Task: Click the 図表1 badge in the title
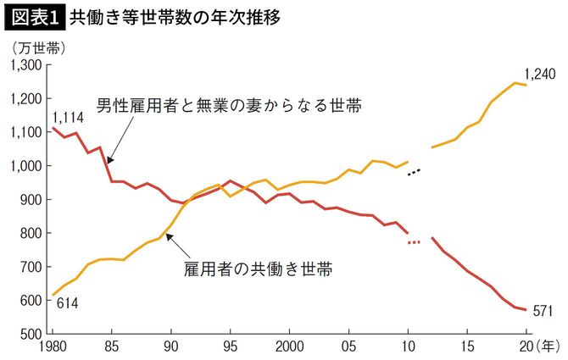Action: pyautogui.click(x=33, y=15)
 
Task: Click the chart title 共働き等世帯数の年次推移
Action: pyautogui.click(x=174, y=15)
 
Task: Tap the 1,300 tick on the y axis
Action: pyautogui.click(x=26, y=65)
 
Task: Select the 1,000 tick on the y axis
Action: pyautogui.click(x=26, y=166)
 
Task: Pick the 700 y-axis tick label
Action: pyautogui.click(x=31, y=267)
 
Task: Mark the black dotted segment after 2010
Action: pyautogui.click(x=414, y=172)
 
